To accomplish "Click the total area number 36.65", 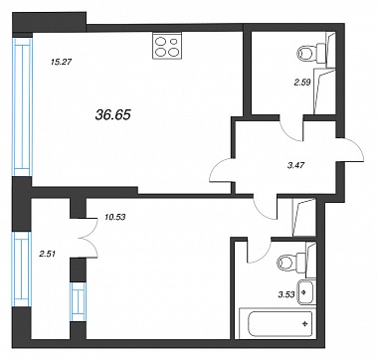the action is click(x=113, y=115).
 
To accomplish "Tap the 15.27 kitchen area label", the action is click(x=60, y=62).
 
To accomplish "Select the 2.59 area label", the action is click(x=301, y=83).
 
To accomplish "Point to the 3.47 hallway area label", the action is click(x=296, y=164).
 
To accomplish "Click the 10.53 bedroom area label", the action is click(x=115, y=218).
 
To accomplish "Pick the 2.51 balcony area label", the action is click(x=46, y=255).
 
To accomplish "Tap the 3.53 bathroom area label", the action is click(x=286, y=294).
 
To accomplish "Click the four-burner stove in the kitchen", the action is click(x=167, y=46).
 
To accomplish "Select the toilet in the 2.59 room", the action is click(x=312, y=52).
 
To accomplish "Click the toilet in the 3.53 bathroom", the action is click(x=291, y=263).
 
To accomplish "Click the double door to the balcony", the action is click(x=89, y=238).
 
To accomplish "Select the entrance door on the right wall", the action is click(x=353, y=150).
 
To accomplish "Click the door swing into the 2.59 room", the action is click(x=291, y=129).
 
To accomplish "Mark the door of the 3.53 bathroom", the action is click(x=260, y=251).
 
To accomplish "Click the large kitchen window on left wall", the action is click(x=23, y=106).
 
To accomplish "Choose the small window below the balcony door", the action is click(x=79, y=301).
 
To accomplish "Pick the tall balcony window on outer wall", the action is click(x=22, y=270).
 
